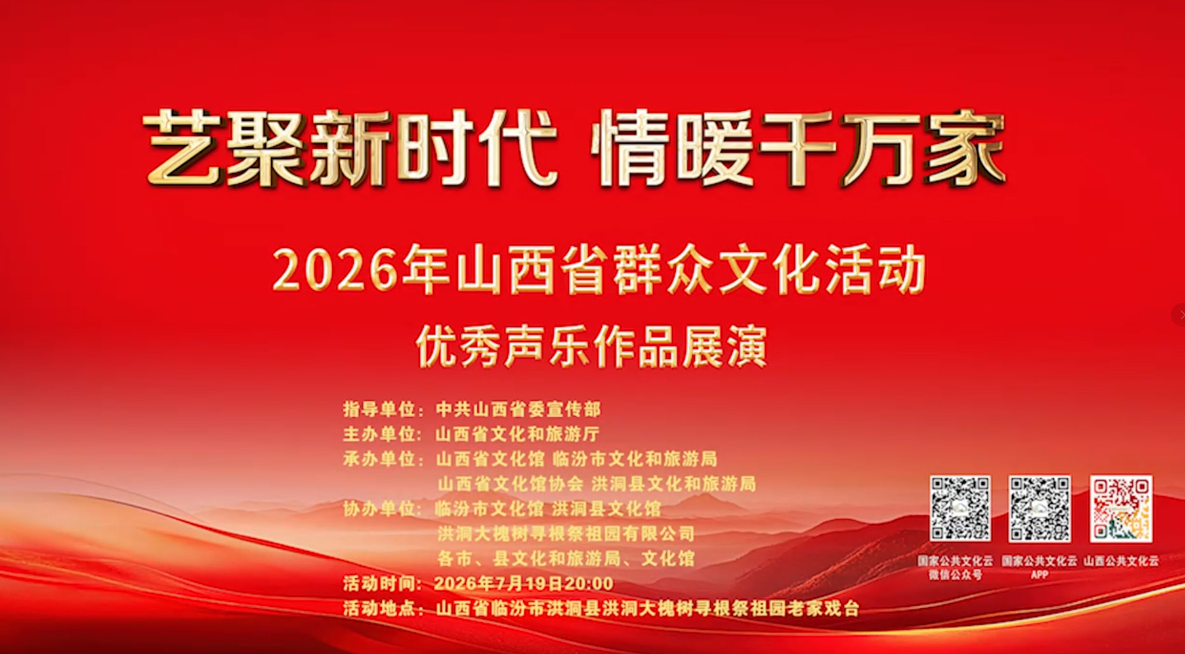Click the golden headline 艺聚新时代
tap(350, 148)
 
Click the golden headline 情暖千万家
tap(799, 148)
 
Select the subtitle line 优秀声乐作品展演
tap(592, 347)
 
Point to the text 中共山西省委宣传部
tap(518, 408)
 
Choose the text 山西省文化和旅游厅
tap(517, 434)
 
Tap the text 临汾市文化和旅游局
tap(635, 459)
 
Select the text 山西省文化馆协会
tap(510, 484)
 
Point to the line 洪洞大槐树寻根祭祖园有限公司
tap(566, 533)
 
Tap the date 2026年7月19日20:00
tap(524, 583)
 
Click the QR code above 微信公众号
tap(960, 509)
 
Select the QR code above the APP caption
tap(1040, 509)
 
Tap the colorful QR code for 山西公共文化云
tap(1121, 509)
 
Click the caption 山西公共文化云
tap(1121, 561)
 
